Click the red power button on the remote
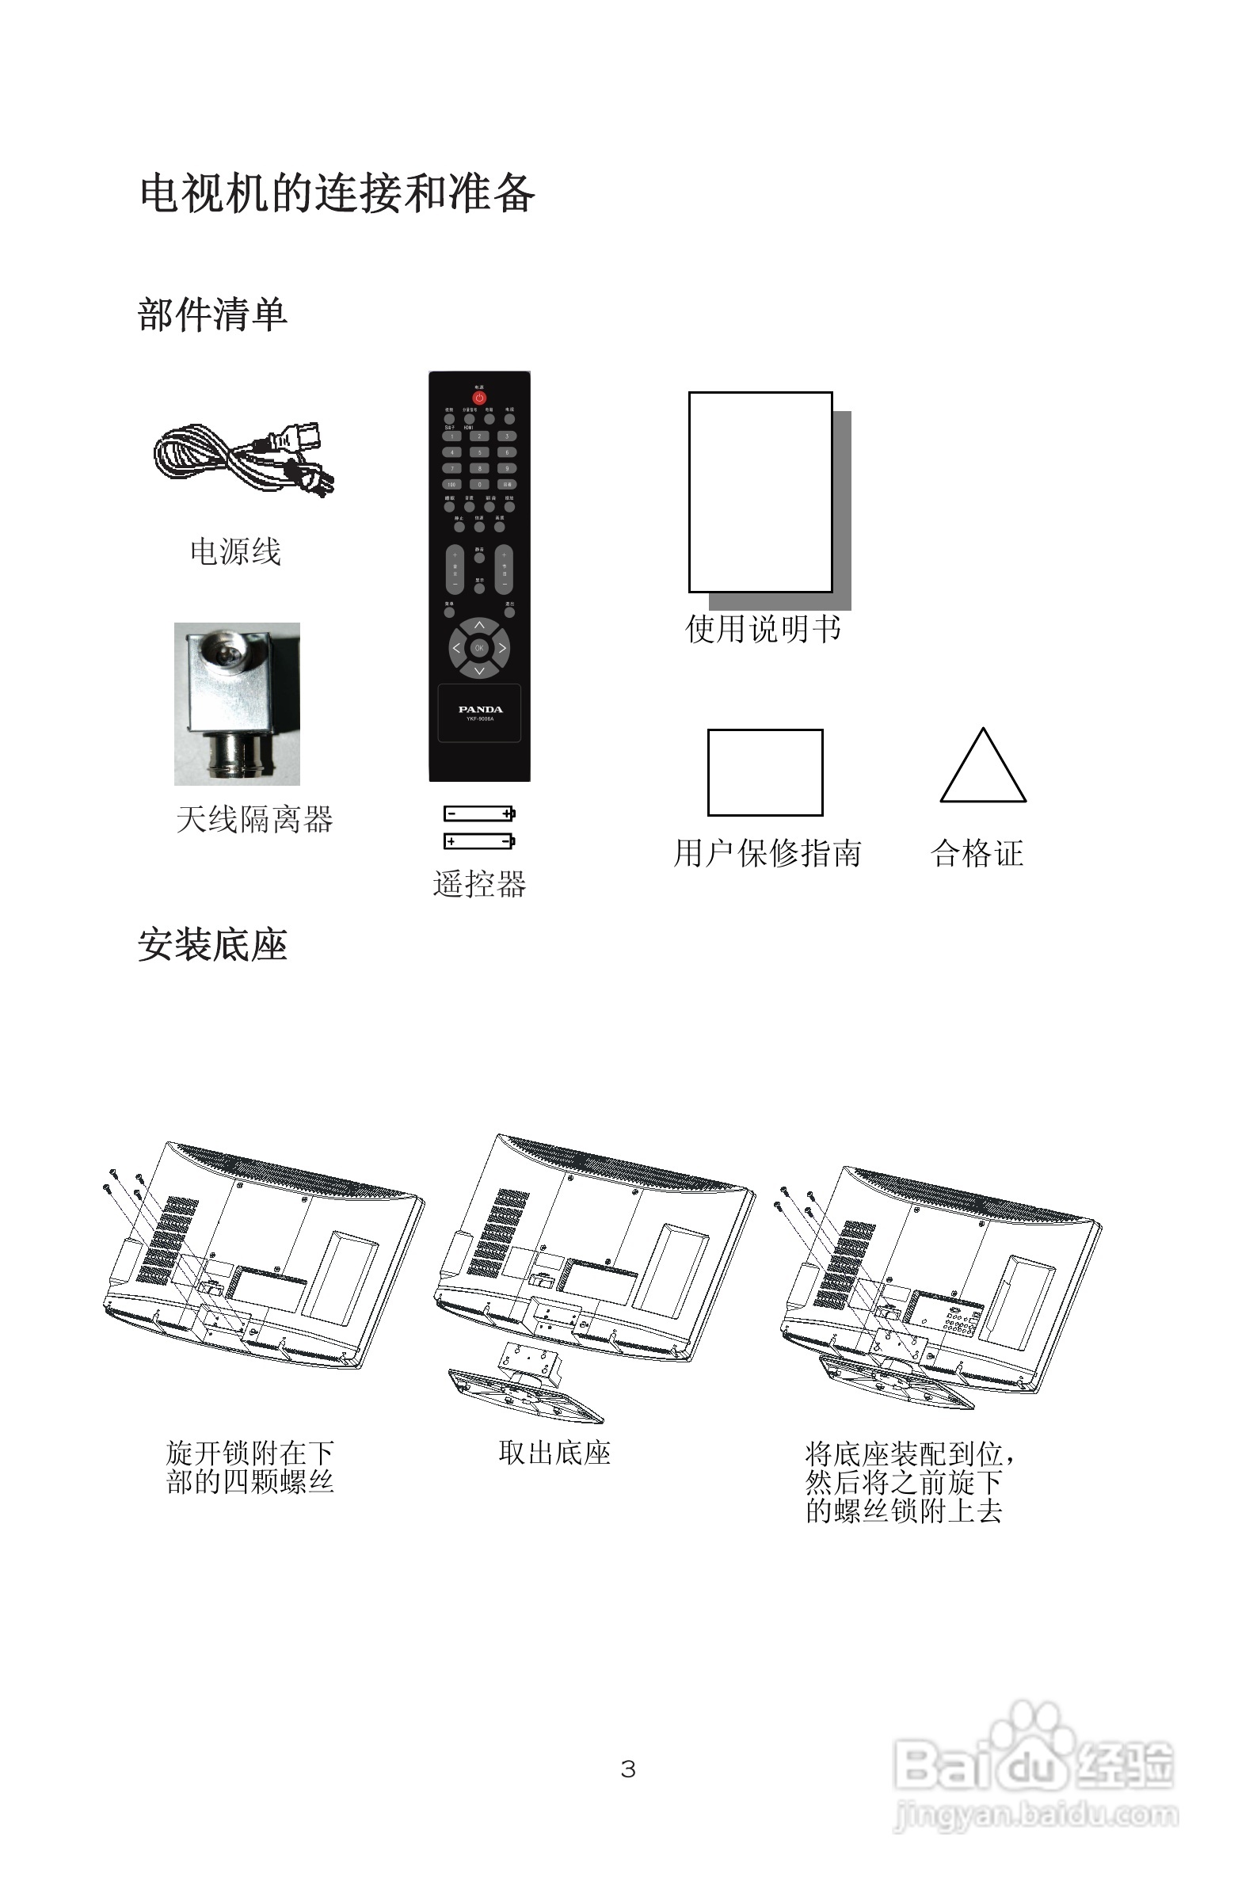pos(478,398)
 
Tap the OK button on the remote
pos(478,648)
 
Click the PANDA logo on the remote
pos(480,710)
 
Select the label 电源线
pos(235,552)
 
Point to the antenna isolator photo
pos(238,703)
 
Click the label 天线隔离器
pos(254,820)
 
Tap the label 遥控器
pos(479,884)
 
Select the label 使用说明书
pos(763,629)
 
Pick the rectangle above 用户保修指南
pos(765,772)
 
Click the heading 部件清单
pos(212,314)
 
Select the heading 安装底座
pos(212,945)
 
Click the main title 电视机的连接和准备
pos(337,194)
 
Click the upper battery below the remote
pos(479,813)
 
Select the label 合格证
pos(977,854)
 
